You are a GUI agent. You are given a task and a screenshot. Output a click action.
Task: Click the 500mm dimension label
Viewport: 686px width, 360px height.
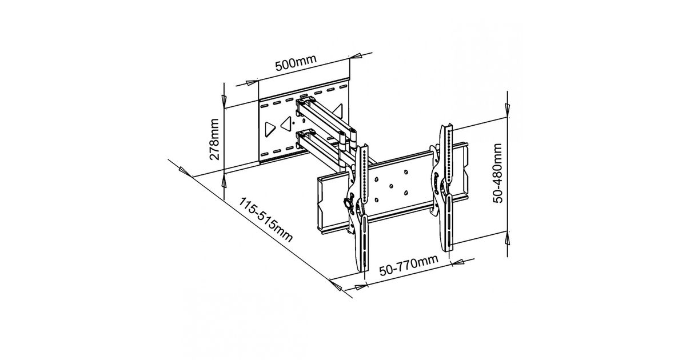pyautogui.click(x=296, y=63)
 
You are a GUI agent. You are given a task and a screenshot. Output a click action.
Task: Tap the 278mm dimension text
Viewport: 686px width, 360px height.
pyautogui.click(x=214, y=139)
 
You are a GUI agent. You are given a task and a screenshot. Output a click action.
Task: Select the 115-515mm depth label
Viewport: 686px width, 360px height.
pyautogui.click(x=265, y=220)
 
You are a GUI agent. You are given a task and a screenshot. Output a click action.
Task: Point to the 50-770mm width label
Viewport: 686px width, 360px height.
pyautogui.click(x=409, y=265)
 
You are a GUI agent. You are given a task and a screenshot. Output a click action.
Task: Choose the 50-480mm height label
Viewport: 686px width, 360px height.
pyautogui.click(x=498, y=173)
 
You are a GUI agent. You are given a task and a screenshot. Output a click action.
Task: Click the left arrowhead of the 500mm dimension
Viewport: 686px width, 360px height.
pyautogui.click(x=252, y=83)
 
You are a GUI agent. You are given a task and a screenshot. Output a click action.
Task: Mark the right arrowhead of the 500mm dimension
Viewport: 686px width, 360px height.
pyautogui.click(x=356, y=56)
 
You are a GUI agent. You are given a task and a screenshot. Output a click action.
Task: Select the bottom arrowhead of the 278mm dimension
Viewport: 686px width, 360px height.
pyautogui.click(x=224, y=181)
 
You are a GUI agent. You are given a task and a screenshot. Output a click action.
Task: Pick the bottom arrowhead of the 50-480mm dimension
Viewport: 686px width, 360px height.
pyautogui.click(x=508, y=238)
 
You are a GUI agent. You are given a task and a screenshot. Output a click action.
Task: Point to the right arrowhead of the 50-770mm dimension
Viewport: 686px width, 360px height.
pyautogui.click(x=458, y=262)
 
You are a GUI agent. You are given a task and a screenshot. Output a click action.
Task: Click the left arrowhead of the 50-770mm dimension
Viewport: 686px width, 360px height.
pyautogui.click(x=360, y=287)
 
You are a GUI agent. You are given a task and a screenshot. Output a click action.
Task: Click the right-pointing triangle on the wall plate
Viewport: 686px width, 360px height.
pyautogui.click(x=269, y=129)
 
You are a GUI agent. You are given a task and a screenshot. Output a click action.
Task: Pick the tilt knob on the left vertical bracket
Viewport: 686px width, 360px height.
pyautogui.click(x=348, y=203)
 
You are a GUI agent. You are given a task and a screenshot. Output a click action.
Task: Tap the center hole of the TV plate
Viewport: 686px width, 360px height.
pyautogui.click(x=391, y=186)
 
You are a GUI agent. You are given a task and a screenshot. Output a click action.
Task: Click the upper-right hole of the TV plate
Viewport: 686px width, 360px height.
pyautogui.click(x=406, y=172)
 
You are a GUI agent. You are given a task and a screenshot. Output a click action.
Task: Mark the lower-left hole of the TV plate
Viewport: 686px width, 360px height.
pyautogui.click(x=376, y=200)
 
